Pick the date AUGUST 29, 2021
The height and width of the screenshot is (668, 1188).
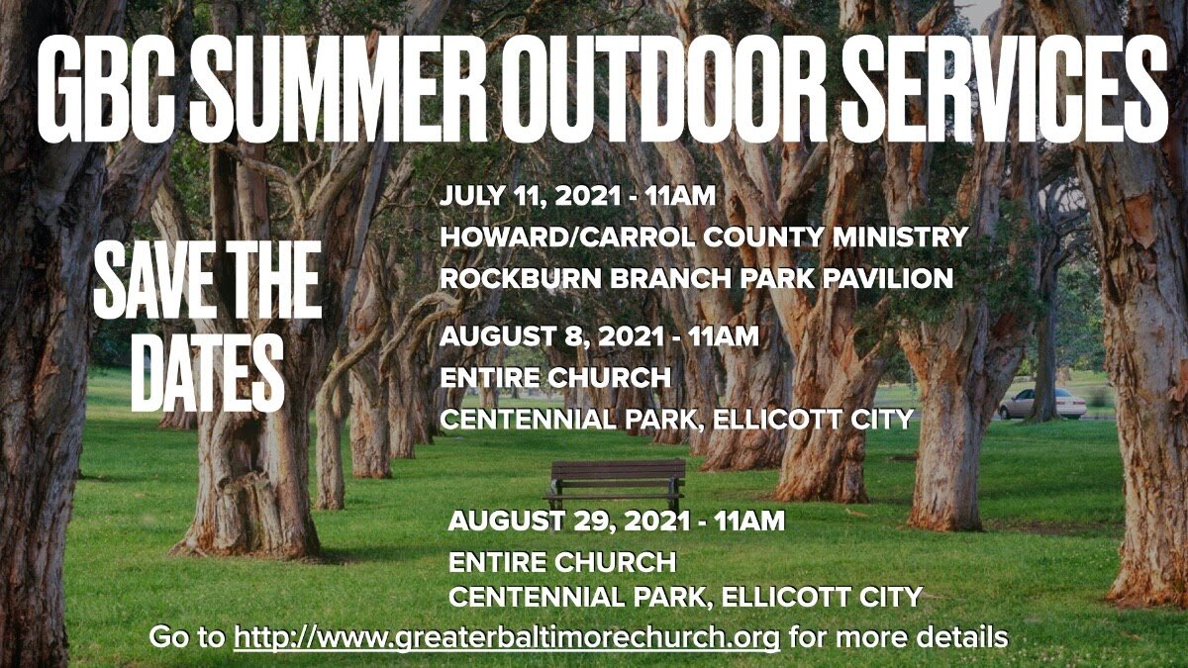(570, 521)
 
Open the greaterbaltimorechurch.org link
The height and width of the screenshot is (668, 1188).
(507, 637)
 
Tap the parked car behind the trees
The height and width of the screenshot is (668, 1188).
(1041, 403)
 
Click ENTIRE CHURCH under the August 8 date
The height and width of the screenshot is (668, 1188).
(554, 378)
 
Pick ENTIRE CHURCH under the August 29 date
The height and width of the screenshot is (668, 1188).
(562, 562)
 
